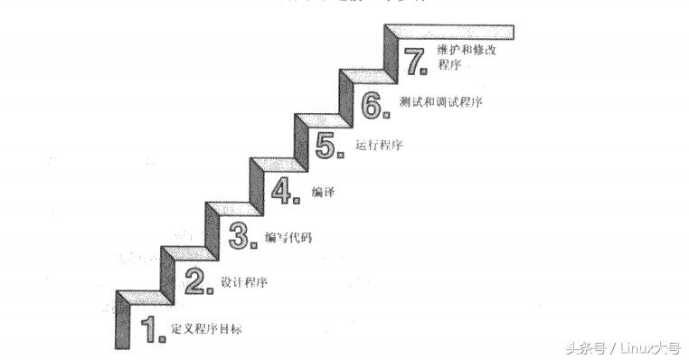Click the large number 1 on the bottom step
tap(151, 329)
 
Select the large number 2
tap(195, 282)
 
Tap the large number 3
tap(239, 235)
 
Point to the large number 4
tap(284, 192)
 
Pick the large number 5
tap(326, 145)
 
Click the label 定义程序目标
tap(206, 328)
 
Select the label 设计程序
tap(244, 282)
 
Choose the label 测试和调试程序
tap(439, 102)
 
